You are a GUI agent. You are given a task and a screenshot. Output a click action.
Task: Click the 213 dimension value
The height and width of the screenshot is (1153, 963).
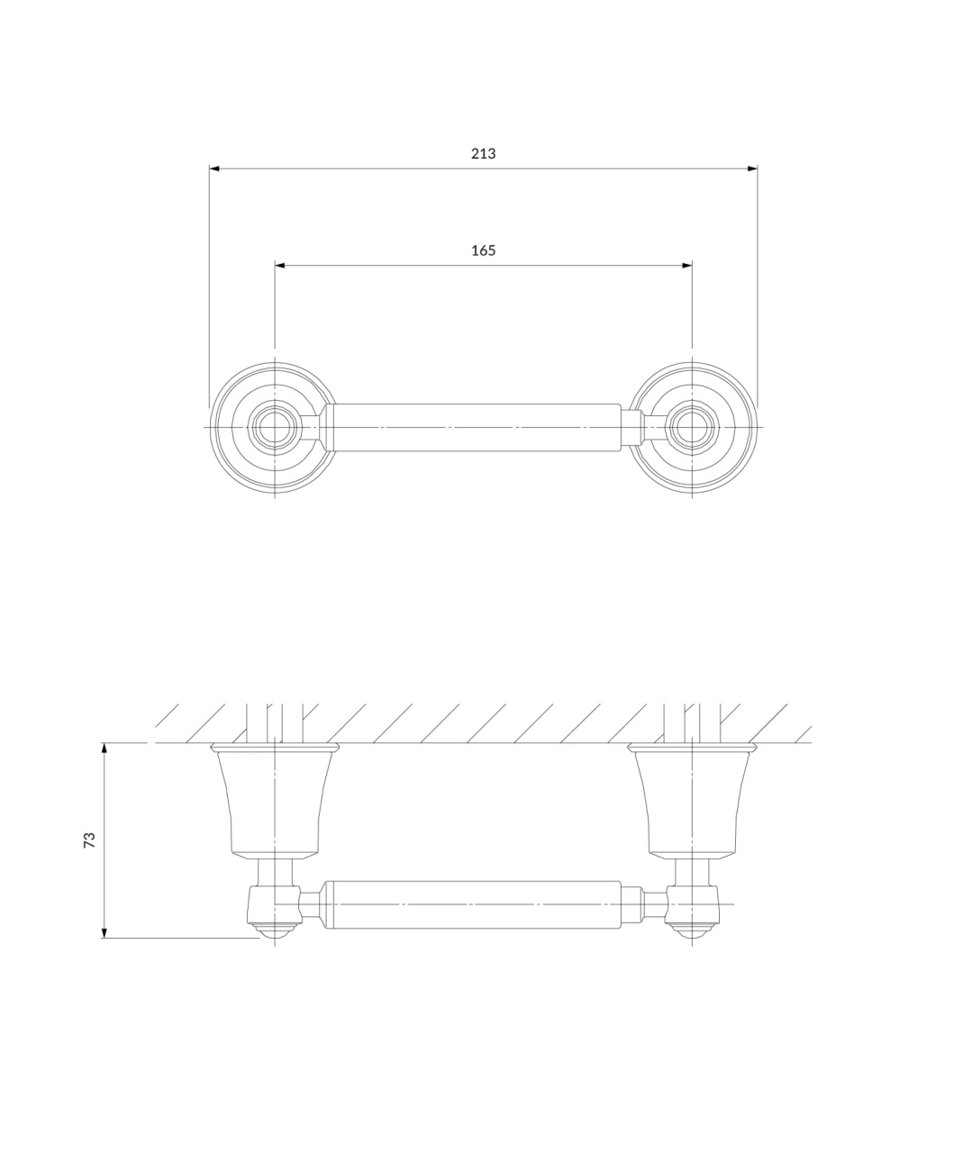pos(483,153)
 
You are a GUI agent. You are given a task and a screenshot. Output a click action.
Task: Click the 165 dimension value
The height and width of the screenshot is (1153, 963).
pos(483,250)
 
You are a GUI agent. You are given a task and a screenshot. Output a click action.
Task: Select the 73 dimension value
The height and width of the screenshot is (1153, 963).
pos(89,840)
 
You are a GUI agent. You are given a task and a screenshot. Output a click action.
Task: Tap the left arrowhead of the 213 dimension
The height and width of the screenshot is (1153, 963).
pos(214,168)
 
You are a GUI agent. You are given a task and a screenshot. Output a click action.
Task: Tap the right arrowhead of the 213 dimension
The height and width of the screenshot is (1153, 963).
pos(752,168)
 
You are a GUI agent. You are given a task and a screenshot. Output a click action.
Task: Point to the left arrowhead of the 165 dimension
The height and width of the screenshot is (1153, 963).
pos(280,266)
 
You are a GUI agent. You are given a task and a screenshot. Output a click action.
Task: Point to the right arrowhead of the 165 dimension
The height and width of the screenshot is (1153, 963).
pos(687,266)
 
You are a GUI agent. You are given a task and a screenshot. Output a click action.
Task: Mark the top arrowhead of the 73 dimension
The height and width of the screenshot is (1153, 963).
pos(104,749)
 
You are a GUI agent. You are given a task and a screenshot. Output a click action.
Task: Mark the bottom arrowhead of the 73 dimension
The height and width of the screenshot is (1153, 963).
pos(104,932)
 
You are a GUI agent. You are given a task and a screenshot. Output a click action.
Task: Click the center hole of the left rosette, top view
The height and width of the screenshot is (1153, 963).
pos(275,427)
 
